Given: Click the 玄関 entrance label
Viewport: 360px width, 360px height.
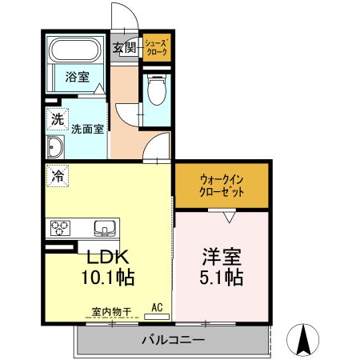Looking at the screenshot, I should pos(124,49).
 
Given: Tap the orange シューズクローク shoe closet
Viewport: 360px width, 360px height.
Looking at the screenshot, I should pos(155,49).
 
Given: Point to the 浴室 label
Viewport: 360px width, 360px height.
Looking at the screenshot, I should pos(77,78).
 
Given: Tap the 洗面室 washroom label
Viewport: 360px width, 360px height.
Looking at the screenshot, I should pos(86,128).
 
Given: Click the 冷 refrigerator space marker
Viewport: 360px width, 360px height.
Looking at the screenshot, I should pos(58,174).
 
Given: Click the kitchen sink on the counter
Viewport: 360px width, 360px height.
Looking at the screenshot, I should pos(105,229).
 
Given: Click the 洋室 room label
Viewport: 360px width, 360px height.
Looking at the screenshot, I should pos(219,259).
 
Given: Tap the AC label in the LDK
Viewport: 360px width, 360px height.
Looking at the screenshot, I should pos(157,306).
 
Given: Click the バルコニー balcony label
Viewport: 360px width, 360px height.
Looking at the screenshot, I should pos(173,340).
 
